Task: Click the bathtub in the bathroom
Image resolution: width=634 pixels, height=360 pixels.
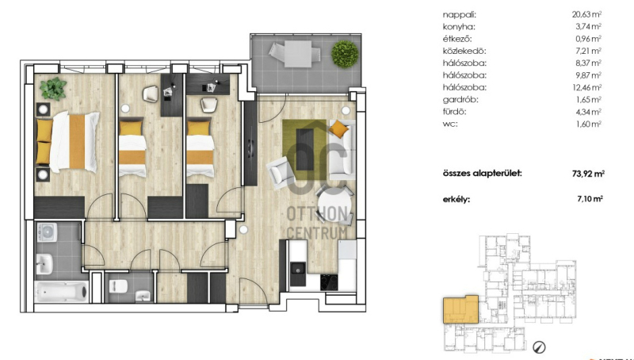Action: coord(62,291)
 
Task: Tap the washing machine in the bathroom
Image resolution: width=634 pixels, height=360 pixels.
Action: coord(47,232)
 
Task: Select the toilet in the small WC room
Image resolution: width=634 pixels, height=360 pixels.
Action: coord(118,286)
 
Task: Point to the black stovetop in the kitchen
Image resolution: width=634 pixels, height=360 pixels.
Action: coord(329,282)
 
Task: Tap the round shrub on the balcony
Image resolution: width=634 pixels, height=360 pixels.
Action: coord(345,54)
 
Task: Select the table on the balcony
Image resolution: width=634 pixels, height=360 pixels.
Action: coord(298,54)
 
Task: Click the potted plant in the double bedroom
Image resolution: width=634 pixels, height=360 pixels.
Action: coord(52,89)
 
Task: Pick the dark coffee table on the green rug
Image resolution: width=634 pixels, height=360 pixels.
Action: coord(305,149)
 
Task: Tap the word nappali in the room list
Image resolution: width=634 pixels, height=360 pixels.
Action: coord(460,15)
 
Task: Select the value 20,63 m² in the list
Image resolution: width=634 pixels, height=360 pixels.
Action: coord(586,14)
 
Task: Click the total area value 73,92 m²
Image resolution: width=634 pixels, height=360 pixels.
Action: coord(588,174)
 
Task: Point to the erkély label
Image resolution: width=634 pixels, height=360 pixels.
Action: coord(456,199)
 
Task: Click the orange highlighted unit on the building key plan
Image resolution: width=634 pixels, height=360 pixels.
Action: coord(460,309)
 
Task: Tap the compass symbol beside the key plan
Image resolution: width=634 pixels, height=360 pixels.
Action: coord(540,347)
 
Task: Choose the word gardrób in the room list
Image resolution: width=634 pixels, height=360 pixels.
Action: coord(460,99)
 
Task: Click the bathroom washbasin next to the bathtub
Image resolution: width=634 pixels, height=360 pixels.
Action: coord(44,264)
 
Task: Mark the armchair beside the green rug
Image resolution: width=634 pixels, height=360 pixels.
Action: coord(281,172)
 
